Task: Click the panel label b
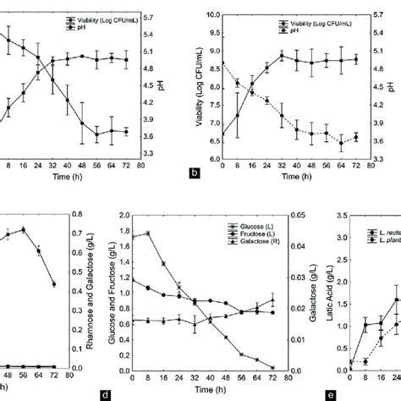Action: [x=194, y=173]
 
